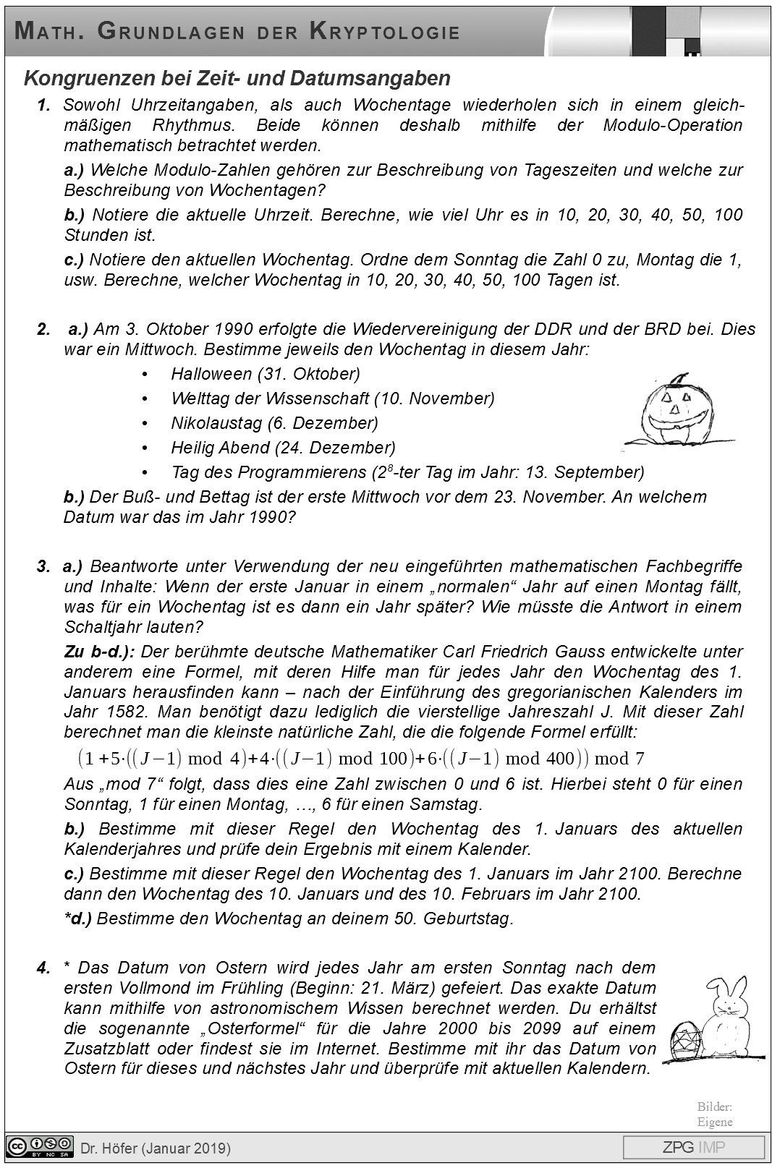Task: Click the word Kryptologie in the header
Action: click(x=384, y=32)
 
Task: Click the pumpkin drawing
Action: click(x=675, y=412)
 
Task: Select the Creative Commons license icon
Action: click(x=40, y=1146)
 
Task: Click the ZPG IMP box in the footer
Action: click(x=693, y=1147)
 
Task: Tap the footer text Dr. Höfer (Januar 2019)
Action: click(x=156, y=1148)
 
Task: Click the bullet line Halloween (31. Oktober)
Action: click(x=265, y=374)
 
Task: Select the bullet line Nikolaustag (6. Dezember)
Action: click(x=274, y=423)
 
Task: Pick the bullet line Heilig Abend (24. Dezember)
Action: click(x=283, y=448)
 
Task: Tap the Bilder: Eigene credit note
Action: click(x=715, y=1114)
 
